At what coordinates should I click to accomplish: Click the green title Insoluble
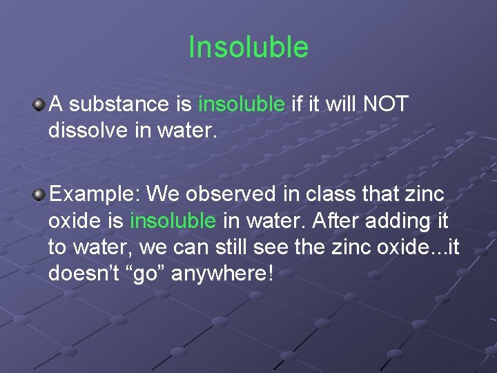pyautogui.click(x=248, y=48)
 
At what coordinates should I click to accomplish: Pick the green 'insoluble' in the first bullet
pyautogui.click(x=241, y=104)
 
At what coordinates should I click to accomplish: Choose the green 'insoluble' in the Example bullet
pyautogui.click(x=173, y=221)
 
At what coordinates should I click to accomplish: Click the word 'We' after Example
pyautogui.click(x=162, y=194)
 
